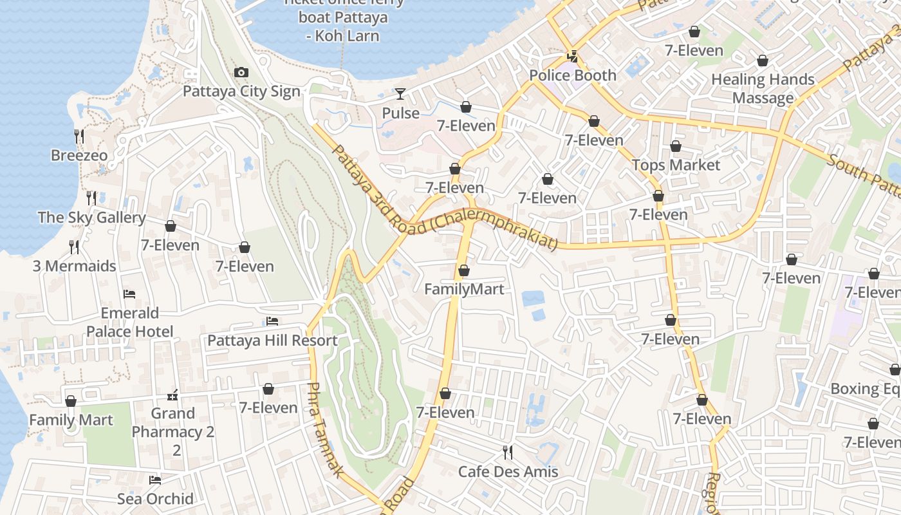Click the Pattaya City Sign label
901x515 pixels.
(x=241, y=91)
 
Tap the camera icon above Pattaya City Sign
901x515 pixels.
(x=241, y=72)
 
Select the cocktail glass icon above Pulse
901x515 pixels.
(x=400, y=94)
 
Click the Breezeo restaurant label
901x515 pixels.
(x=79, y=156)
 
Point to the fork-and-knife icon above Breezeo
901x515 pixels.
(x=79, y=135)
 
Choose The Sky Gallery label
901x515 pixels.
(x=92, y=218)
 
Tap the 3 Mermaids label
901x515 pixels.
(x=75, y=266)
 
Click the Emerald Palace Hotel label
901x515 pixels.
(x=130, y=323)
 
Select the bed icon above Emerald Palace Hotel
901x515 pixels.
(x=129, y=294)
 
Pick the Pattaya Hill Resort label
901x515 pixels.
(x=272, y=341)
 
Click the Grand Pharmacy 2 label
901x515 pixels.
(x=173, y=423)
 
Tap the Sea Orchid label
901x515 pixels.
(x=155, y=499)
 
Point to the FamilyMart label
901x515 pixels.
(x=464, y=289)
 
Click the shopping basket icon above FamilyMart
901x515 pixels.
(x=464, y=270)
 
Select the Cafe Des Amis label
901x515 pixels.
(x=508, y=472)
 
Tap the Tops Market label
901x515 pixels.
(x=676, y=165)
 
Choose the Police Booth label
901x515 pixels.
(x=573, y=75)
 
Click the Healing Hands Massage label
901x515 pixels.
(x=763, y=89)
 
